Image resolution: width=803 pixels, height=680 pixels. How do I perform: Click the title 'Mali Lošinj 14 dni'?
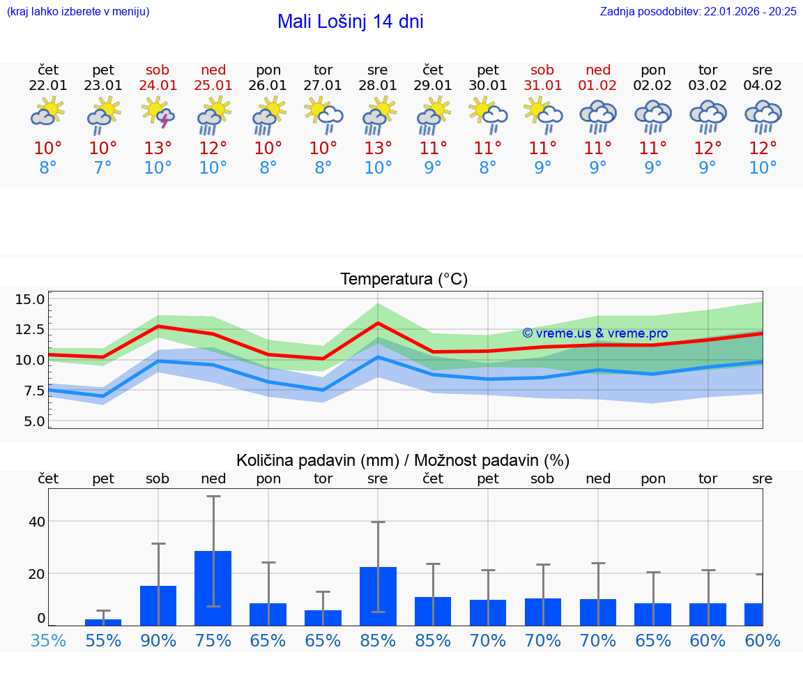point(350,22)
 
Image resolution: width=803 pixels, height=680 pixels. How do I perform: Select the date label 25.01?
point(213,86)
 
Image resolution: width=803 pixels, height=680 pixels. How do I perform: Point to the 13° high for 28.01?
point(378,148)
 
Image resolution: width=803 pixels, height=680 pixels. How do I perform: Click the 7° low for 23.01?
point(103,167)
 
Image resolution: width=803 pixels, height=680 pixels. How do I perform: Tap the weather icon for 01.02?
point(597,116)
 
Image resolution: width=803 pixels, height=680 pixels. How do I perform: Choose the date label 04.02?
point(763,86)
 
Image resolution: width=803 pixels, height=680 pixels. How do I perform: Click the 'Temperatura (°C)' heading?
point(404,280)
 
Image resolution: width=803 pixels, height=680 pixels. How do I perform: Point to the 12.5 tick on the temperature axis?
point(30,329)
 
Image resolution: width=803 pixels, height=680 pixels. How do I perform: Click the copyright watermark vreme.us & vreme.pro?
point(595,333)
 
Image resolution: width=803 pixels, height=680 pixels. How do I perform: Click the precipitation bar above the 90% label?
point(158,605)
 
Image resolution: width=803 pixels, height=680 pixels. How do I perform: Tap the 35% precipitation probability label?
point(48,640)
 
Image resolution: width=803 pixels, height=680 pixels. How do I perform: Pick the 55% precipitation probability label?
point(103,640)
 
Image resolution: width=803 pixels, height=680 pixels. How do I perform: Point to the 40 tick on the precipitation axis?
point(37,522)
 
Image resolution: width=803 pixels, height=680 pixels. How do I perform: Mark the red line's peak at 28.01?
point(378,323)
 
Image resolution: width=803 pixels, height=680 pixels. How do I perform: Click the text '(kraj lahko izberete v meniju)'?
point(77,11)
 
